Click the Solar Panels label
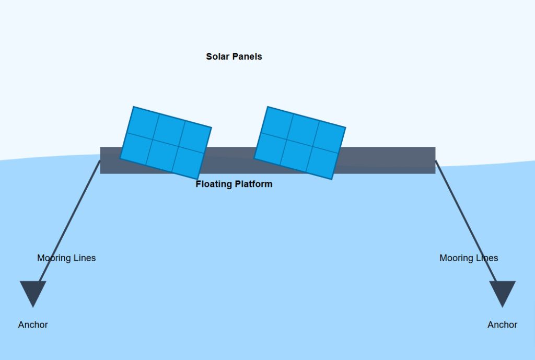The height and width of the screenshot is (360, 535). [x=234, y=56]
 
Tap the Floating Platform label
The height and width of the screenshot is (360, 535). [x=234, y=184]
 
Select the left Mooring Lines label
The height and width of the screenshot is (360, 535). [x=66, y=258]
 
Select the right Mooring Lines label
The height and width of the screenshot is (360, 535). [x=469, y=258]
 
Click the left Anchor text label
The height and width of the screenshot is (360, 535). [x=33, y=324]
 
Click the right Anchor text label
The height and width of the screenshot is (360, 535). [x=502, y=324]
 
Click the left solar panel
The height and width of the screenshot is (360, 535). [x=166, y=143]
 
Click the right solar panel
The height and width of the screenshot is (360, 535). [x=300, y=143]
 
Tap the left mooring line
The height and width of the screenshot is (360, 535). [x=70, y=221]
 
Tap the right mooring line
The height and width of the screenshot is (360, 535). [x=466, y=221]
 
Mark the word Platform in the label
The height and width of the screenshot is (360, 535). [x=253, y=184]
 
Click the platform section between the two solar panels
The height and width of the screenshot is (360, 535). [x=231, y=160]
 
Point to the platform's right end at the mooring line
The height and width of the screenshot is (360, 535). [x=435, y=160]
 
